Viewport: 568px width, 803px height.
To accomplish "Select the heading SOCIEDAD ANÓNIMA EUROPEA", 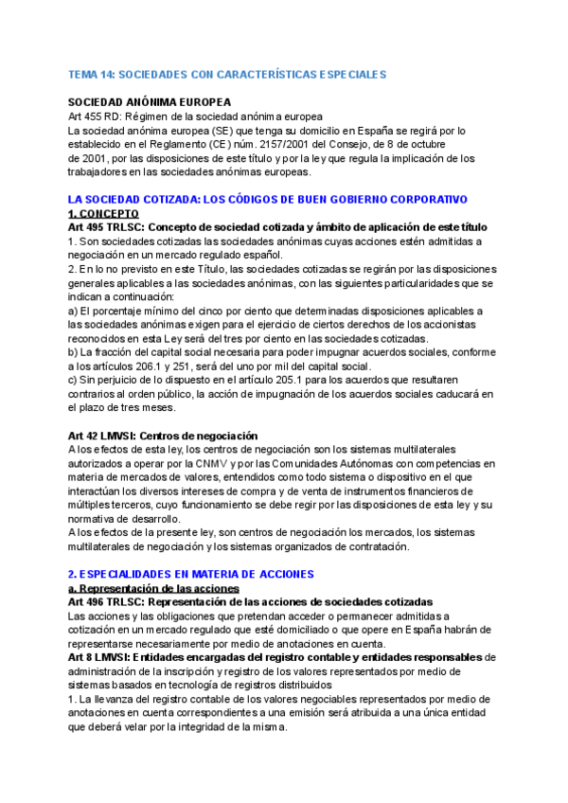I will [x=150, y=102].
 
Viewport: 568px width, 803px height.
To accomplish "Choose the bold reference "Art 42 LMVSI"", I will [x=105, y=436].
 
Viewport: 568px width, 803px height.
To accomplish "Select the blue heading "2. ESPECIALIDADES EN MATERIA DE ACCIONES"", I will [x=191, y=574].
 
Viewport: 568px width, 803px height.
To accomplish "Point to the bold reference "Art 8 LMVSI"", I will [x=99, y=657].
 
